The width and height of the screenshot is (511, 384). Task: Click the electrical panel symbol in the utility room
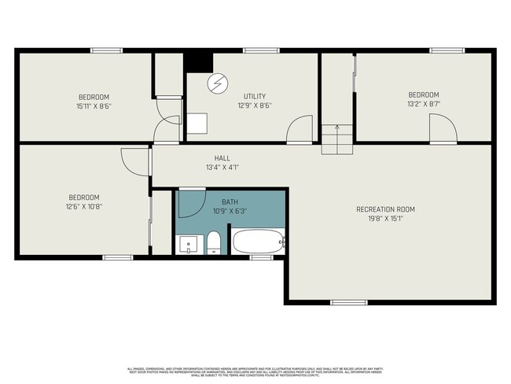click(216, 83)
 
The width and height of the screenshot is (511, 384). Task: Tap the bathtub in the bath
click(257, 241)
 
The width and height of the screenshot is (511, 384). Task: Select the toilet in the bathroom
click(213, 243)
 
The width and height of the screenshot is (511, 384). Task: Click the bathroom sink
click(187, 245)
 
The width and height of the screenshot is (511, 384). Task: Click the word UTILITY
click(254, 95)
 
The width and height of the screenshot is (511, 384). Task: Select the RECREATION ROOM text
click(385, 209)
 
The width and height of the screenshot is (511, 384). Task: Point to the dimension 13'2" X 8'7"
click(423, 103)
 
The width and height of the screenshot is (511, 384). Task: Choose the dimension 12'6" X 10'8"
click(84, 206)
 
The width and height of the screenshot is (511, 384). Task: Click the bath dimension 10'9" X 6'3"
click(230, 211)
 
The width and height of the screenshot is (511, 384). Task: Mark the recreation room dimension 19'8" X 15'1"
click(385, 219)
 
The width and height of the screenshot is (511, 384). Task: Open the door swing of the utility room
click(299, 131)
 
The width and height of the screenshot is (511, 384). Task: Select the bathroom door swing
click(190, 203)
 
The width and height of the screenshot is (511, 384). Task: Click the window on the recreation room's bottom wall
click(348, 302)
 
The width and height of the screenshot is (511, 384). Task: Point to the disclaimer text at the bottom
click(256, 371)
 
